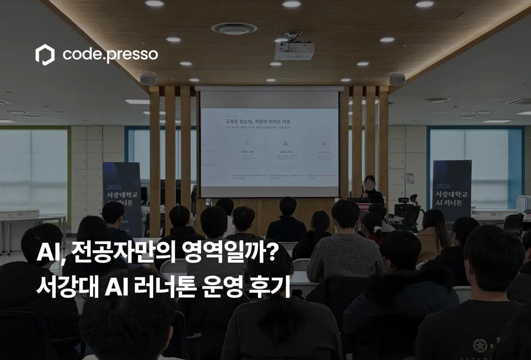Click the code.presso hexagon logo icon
pyautogui.click(x=45, y=54)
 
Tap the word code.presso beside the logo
pyautogui.click(x=110, y=54)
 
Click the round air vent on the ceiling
pyautogui.click(x=234, y=28)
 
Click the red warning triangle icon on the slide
pyautogui.click(x=324, y=144)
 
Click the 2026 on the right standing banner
pyautogui.click(x=443, y=186)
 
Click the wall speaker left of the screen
pyautogui.click(x=148, y=78)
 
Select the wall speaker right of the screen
pyautogui.click(x=397, y=79)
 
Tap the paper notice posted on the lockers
pyautogui.click(x=410, y=177)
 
